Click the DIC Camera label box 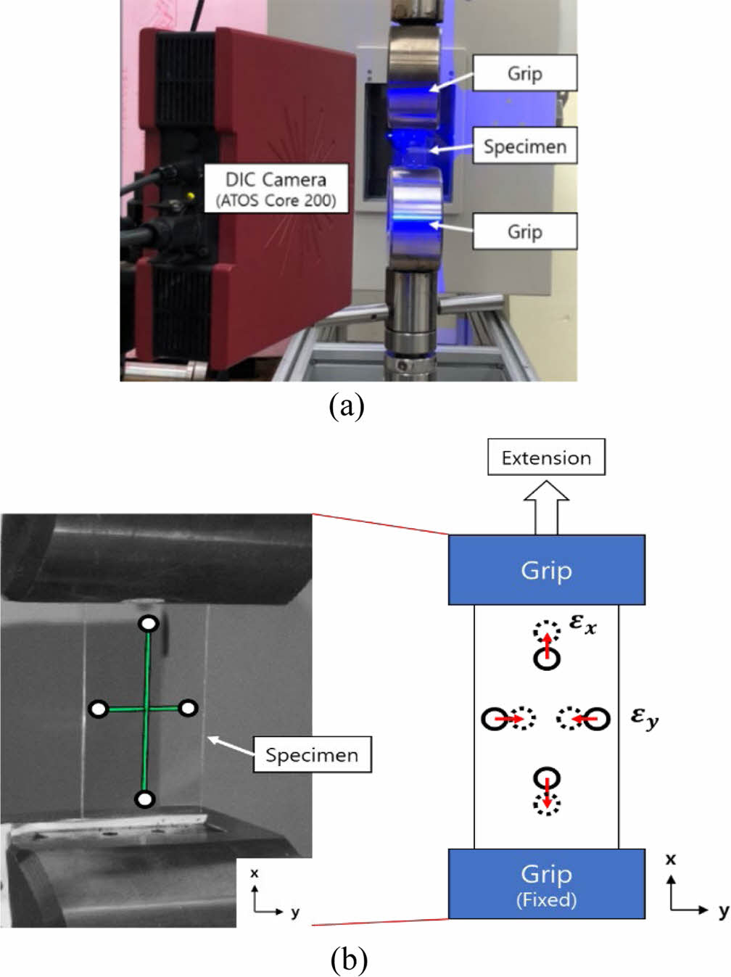[x=276, y=188]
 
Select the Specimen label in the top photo [x=524, y=147]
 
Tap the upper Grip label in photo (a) [x=524, y=73]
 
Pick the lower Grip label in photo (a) [x=524, y=231]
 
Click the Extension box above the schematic [x=546, y=458]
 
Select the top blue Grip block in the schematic [x=546, y=570]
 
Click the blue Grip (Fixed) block [x=546, y=883]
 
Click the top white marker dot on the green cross [x=148, y=624]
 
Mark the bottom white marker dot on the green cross [x=145, y=799]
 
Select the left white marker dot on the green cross [x=99, y=709]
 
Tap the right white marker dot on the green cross [x=188, y=707]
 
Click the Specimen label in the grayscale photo [x=311, y=755]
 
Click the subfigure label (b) [x=349, y=960]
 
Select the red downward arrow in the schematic [x=546, y=792]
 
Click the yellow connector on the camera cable [x=190, y=196]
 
